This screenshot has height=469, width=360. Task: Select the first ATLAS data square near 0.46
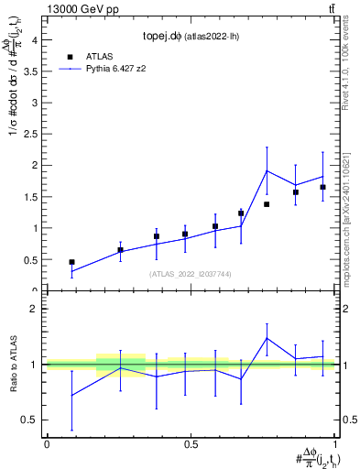click(71, 262)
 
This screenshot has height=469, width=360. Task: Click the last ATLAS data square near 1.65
click(323, 187)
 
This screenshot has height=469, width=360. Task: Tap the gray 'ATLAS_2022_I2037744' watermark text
click(191, 273)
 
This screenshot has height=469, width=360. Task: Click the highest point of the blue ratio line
click(267, 338)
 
